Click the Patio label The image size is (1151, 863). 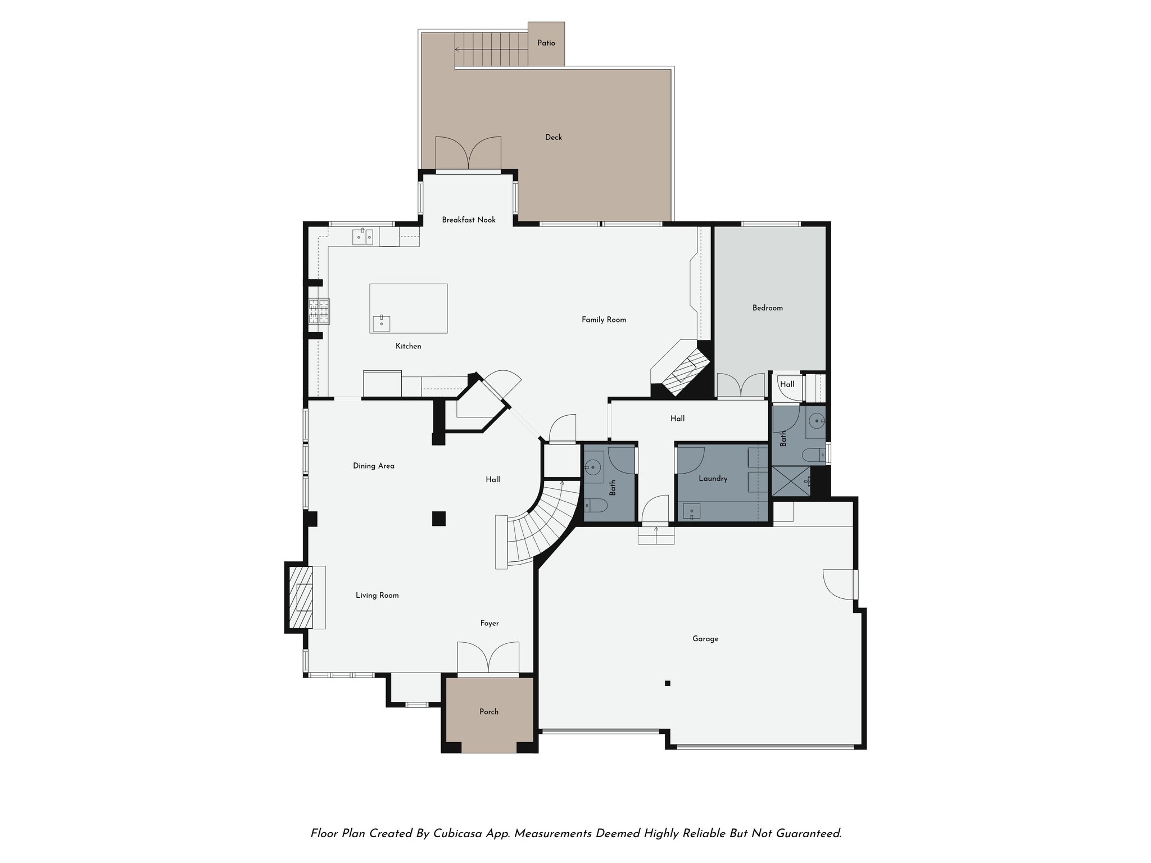[546, 43]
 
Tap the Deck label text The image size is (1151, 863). [553, 138]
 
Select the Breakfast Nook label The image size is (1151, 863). [468, 220]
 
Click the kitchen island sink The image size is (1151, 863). [382, 324]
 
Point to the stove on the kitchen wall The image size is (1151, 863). [319, 311]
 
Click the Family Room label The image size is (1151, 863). [604, 320]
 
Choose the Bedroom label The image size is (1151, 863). [767, 308]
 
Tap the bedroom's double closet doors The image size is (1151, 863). [741, 385]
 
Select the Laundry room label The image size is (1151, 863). [713, 479]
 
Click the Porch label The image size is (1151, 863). [488, 712]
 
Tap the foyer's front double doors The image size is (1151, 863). [487, 657]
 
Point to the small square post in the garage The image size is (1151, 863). [667, 684]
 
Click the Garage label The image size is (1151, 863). [705, 639]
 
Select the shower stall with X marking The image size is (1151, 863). [791, 482]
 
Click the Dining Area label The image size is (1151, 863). [373, 466]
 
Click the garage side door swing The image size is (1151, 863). [838, 585]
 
